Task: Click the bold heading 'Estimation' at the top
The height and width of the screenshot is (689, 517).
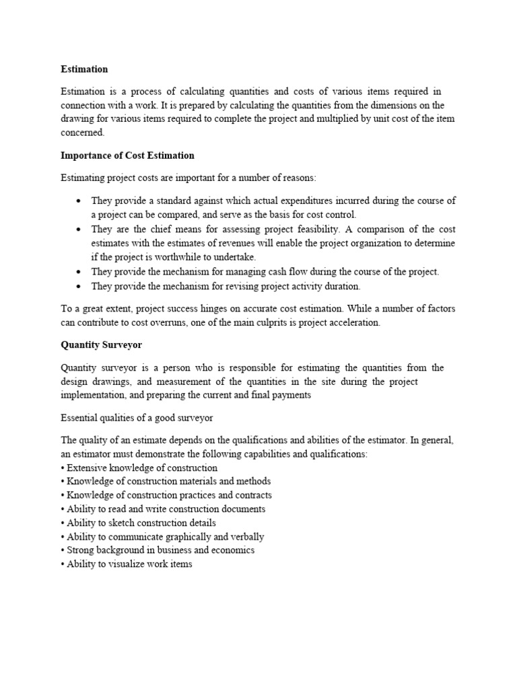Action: point(84,69)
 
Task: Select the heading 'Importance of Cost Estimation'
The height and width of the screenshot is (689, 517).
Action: point(127,155)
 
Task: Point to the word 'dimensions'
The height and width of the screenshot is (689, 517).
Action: point(389,105)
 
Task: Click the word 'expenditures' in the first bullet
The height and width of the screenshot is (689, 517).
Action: point(293,201)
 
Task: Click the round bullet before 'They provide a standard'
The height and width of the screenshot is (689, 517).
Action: point(79,201)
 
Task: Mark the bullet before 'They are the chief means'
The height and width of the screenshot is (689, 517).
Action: point(79,229)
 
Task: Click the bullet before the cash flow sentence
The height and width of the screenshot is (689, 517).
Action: point(79,272)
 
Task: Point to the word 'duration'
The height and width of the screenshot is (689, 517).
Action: point(343,286)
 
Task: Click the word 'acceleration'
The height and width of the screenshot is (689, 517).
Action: point(353,322)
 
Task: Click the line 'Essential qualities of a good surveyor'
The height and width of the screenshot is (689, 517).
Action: point(137,418)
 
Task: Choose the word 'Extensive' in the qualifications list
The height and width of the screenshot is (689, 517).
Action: point(88,468)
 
